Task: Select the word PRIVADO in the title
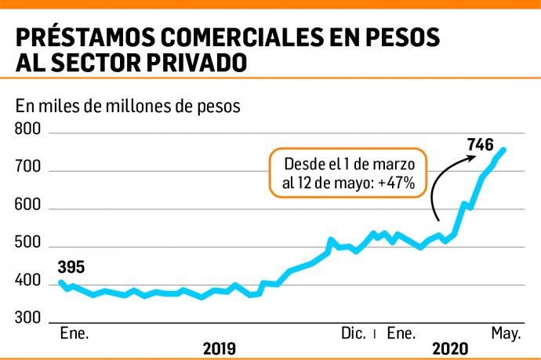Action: pyautogui.click(x=213, y=62)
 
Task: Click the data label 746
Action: pyautogui.click(x=479, y=145)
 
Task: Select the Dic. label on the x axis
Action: pyautogui.click(x=353, y=334)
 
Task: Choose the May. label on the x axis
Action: pyautogui.click(x=506, y=334)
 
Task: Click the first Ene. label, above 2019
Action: pyautogui.click(x=75, y=334)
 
